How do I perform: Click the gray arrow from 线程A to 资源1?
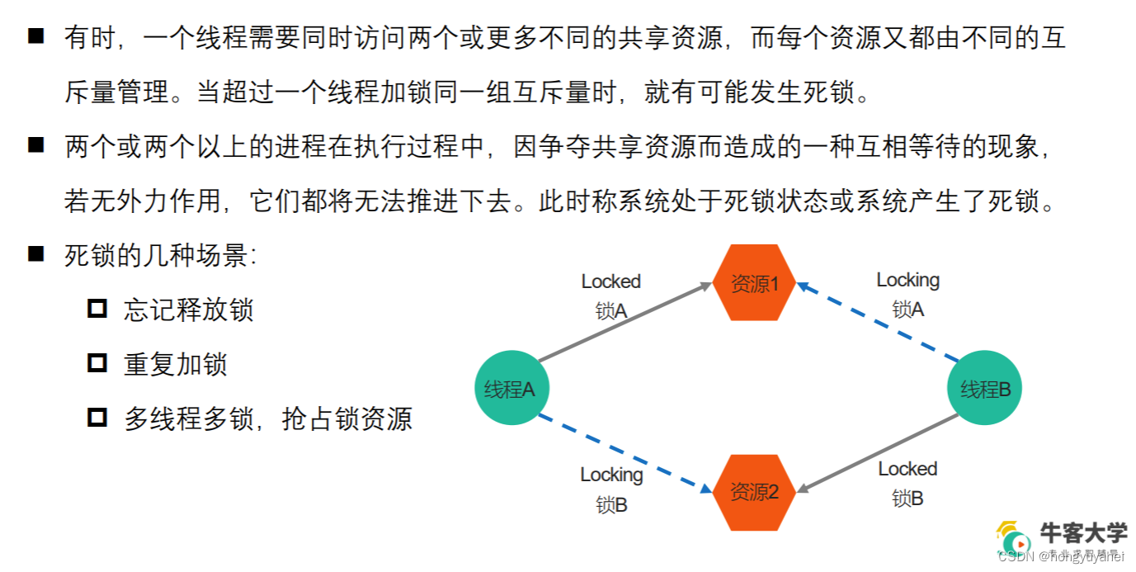point(625,323)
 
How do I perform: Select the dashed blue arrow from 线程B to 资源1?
point(878,322)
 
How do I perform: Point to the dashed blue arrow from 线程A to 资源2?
point(625,453)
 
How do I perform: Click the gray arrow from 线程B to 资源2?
point(878,453)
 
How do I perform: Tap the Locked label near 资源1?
point(610,281)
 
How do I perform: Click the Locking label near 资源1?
point(907,280)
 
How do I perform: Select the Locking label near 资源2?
point(610,475)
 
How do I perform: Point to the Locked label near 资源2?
point(907,469)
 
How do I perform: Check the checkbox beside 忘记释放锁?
point(97,309)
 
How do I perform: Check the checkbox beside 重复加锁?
point(97,363)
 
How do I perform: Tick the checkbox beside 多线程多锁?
point(97,418)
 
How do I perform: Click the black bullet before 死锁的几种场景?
point(35,254)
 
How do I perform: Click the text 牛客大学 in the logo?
point(1083,533)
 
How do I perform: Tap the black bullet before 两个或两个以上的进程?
point(35,146)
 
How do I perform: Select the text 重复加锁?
point(175,364)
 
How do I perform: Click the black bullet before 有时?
point(35,37)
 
